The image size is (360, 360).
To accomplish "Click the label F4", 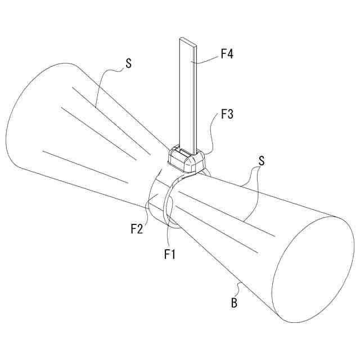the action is click(x=227, y=55).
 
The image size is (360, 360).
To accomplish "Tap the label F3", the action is click(x=227, y=114).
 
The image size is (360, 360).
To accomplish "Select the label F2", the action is click(x=137, y=229).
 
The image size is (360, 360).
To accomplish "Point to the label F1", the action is click(x=170, y=254).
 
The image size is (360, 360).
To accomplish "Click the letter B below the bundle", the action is click(x=233, y=304).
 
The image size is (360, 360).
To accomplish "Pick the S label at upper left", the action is click(x=128, y=64).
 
